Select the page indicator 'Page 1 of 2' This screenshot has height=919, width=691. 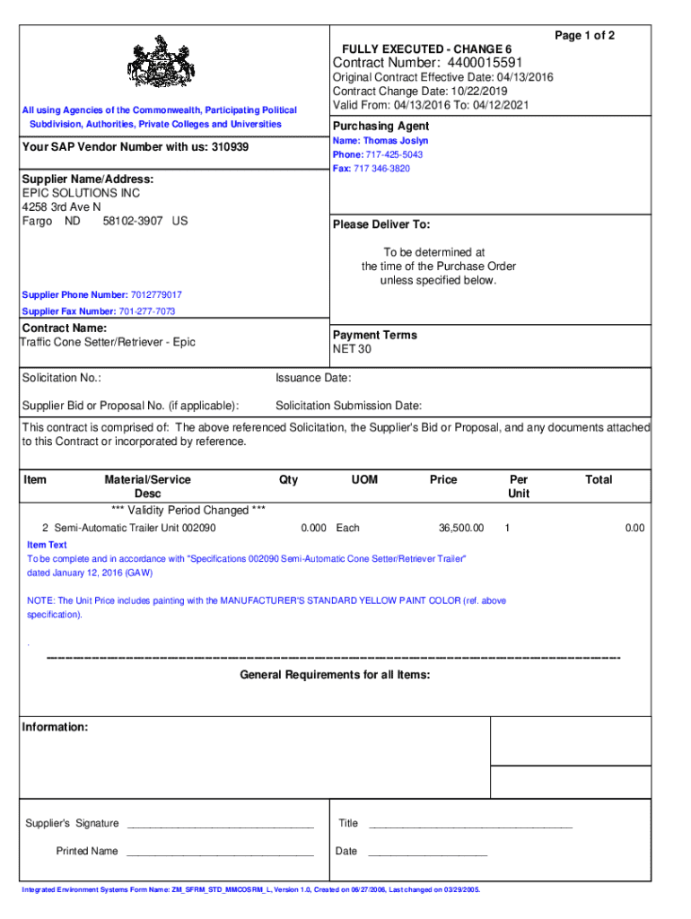pos(584,35)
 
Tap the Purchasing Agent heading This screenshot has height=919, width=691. pos(380,127)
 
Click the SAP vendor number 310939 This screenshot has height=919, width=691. pos(230,146)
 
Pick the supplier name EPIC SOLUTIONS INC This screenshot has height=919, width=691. pos(81,193)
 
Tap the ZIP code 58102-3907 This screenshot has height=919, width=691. pos(132,221)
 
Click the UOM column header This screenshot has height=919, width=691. pos(364,480)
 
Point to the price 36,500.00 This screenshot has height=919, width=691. pos(460,528)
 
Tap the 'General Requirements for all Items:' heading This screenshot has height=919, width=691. pos(335,674)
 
